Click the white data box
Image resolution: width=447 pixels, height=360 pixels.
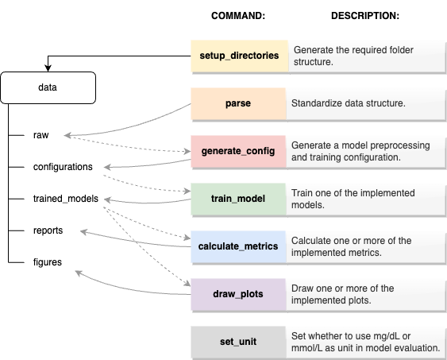click(x=48, y=87)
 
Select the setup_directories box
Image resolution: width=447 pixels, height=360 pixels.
click(x=238, y=56)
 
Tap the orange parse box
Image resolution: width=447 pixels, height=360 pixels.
click(x=238, y=103)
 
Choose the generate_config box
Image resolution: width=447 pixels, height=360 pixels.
click(x=238, y=151)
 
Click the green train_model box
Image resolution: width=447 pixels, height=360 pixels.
click(x=238, y=199)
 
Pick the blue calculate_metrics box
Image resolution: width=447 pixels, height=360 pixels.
click(x=238, y=246)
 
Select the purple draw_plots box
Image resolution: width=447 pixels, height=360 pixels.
click(x=238, y=294)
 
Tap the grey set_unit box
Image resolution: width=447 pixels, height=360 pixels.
click(x=238, y=342)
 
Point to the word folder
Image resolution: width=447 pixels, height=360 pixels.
click(x=410, y=49)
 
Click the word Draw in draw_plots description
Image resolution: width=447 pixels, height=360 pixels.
click(x=304, y=288)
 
